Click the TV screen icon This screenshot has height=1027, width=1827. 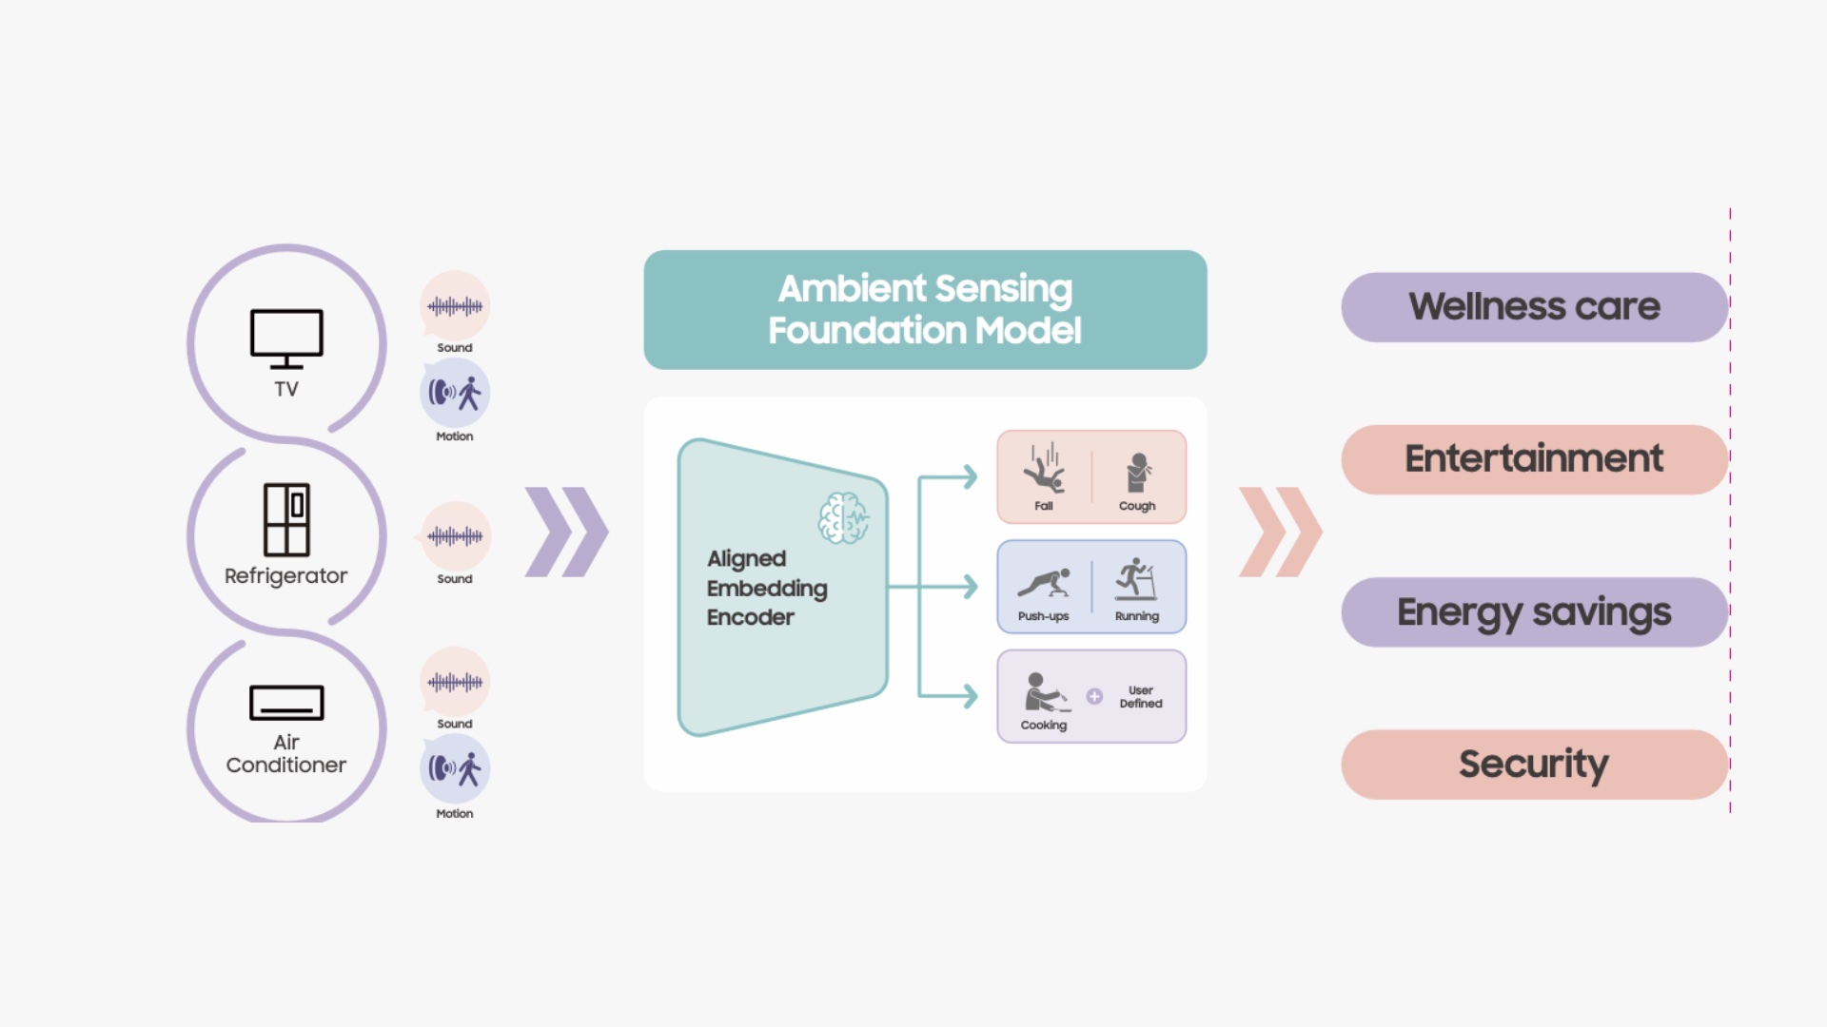(286, 338)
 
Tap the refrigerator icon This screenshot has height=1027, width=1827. (286, 519)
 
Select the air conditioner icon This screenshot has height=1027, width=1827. (286, 703)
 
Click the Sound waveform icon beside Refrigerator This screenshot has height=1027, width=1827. (455, 536)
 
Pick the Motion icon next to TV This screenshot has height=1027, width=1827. (455, 393)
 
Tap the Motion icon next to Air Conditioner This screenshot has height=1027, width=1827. (455, 768)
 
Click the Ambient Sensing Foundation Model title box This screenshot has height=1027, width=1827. (925, 309)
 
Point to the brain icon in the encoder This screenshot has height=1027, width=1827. (843, 518)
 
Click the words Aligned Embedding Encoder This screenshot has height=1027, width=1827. (766, 588)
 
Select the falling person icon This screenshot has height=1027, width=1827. (1044, 469)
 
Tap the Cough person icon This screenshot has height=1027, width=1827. (1137, 473)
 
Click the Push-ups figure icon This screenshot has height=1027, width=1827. (1044, 582)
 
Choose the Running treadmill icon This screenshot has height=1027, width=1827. (1136, 580)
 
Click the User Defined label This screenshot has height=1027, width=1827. (1141, 697)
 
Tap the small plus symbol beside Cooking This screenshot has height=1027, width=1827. (1094, 696)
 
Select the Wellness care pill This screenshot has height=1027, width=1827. (1534, 307)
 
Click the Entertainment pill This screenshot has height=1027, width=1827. (1534, 459)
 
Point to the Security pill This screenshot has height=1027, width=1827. (1534, 764)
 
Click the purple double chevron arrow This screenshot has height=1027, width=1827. (566, 533)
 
